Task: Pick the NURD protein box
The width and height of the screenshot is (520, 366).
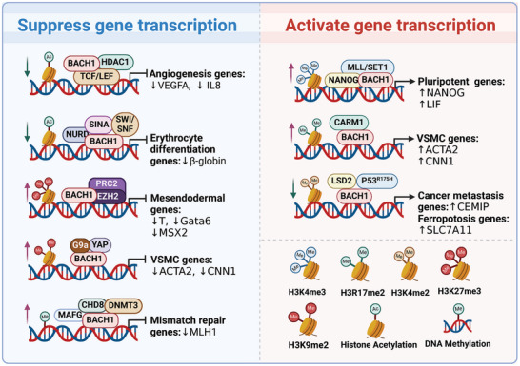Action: coord(78,135)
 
